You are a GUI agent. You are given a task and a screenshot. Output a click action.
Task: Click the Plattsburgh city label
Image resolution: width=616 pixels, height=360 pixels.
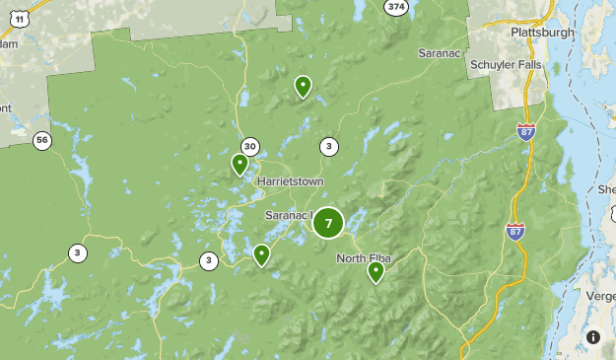point(542,33)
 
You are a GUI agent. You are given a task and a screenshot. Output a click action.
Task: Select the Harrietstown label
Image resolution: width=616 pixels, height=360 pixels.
point(291,182)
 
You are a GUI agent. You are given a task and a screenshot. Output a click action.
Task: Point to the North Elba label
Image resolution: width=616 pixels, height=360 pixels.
point(365,258)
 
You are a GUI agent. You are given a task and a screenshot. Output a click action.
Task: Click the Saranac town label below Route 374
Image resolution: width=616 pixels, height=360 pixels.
point(440,51)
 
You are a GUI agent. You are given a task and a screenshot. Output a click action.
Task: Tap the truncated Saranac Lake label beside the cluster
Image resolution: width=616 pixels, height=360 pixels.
point(288,215)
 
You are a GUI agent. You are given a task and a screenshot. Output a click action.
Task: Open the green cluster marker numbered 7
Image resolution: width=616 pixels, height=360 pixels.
point(328,223)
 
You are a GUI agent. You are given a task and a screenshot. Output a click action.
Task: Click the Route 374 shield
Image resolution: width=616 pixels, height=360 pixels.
point(396,7)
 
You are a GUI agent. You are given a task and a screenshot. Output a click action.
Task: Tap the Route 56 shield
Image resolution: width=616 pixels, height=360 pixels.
point(40,140)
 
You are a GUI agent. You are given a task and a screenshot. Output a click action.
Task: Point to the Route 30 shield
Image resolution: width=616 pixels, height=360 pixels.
point(250,147)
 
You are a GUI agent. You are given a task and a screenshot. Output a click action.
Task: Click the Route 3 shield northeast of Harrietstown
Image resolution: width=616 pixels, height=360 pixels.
point(328,147)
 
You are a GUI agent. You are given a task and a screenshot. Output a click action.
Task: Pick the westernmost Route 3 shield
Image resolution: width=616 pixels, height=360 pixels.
point(77,253)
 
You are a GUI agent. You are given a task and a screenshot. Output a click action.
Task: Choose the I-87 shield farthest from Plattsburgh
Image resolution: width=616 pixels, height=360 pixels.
point(514,232)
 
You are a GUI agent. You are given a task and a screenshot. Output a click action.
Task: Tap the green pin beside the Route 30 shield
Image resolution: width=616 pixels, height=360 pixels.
point(240,164)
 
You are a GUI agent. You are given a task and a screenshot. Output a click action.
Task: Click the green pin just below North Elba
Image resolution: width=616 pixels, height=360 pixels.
point(376,271)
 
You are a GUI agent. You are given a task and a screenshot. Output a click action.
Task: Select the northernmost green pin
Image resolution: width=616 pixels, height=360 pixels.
point(303,87)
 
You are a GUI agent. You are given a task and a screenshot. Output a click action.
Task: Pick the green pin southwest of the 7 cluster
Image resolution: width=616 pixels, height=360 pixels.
point(261,254)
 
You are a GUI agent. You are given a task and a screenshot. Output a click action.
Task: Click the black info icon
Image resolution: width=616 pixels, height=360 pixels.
point(593,337)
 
